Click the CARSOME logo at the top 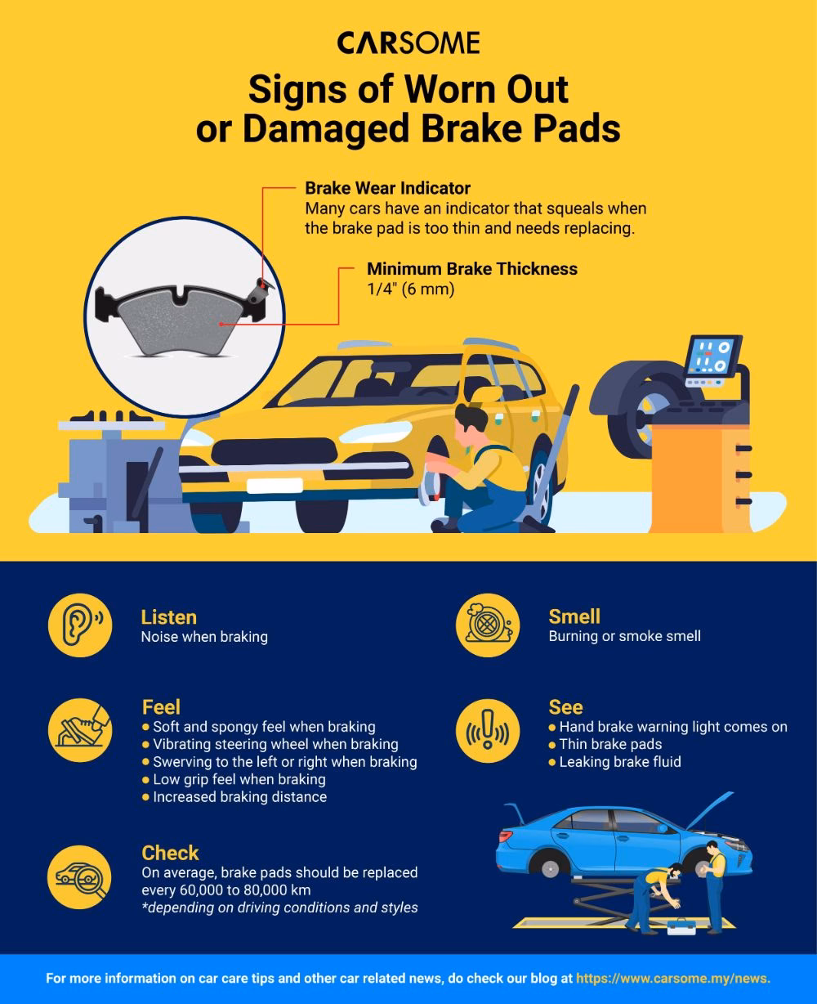408,43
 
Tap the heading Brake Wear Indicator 387,188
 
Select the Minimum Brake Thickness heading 472,269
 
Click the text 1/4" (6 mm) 411,289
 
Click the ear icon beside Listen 80,625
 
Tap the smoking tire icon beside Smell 488,625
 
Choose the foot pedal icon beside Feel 80,730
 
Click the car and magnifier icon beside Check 80,877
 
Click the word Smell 574,616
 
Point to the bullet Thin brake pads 605,744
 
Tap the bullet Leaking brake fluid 615,762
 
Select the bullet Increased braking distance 234,796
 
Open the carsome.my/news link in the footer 673,978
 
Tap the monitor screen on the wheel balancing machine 712,356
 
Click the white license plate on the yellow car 275,486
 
